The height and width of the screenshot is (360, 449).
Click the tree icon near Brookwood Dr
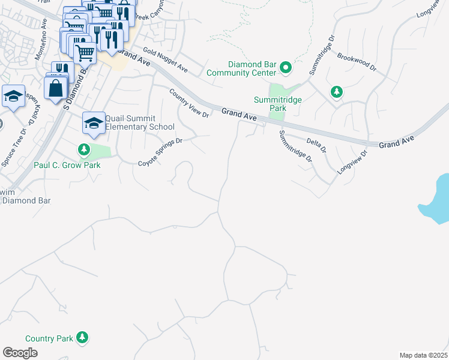coord(337,92)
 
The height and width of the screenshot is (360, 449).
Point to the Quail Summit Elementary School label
coord(140,122)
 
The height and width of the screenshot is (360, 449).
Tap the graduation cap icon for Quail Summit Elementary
coord(94,122)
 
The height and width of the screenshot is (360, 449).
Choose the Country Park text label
coord(49,338)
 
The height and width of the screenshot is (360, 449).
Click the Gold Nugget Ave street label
coord(165,62)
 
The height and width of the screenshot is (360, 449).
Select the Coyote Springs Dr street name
coord(160,152)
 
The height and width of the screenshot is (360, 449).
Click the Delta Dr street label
coord(316,145)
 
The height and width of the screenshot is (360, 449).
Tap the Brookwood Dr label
coord(357,61)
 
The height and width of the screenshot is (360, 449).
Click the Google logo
coord(20,352)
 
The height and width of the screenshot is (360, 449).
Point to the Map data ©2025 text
coord(423,355)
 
